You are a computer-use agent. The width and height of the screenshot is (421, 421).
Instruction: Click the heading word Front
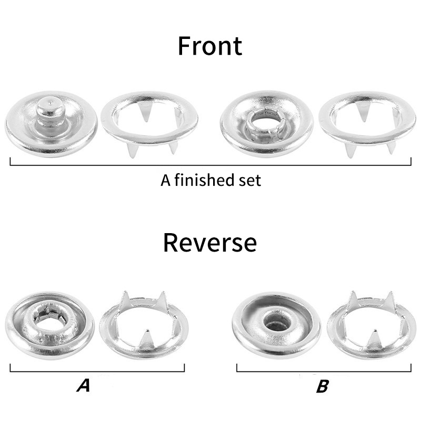[x=210, y=46]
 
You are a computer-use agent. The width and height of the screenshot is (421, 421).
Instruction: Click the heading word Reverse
[x=209, y=243]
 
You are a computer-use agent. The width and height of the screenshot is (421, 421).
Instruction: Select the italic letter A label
[x=84, y=386]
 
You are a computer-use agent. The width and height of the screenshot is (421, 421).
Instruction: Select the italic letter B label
[x=322, y=386]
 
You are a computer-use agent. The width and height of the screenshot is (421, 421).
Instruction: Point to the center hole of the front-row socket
[x=266, y=123]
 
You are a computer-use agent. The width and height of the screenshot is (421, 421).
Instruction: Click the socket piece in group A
[x=49, y=325]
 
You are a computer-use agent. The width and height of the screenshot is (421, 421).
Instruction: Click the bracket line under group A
[x=97, y=372]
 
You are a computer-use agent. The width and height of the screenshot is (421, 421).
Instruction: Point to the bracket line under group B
[x=324, y=372]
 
